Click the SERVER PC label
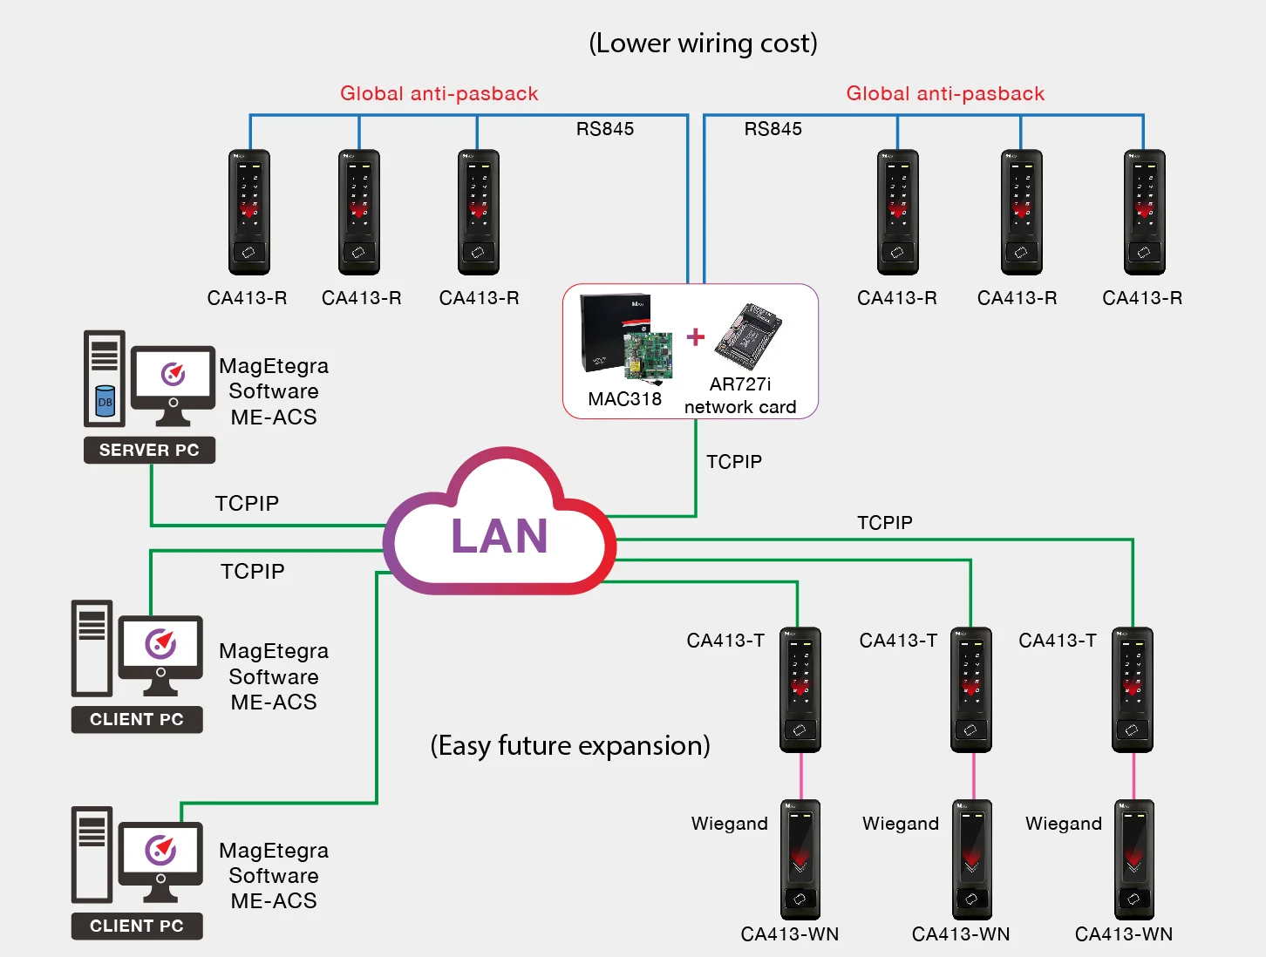pos(149,450)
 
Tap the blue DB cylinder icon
pos(105,401)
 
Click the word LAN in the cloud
pos(499,536)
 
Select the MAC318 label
pos(624,399)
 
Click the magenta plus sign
pos(696,336)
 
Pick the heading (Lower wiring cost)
pos(703,44)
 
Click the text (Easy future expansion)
pos(570,746)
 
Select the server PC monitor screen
pos(173,374)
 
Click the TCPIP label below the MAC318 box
pos(734,462)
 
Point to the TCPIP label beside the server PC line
pos(247,503)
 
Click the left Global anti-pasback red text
pos(439,93)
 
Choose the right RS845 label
pos(773,129)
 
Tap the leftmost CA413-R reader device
pos(249,212)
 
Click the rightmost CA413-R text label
pos(1142,298)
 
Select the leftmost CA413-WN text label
pos(790,934)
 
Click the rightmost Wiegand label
pos(1064,824)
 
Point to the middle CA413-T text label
pos(898,641)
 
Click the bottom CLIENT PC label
pos(137,926)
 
